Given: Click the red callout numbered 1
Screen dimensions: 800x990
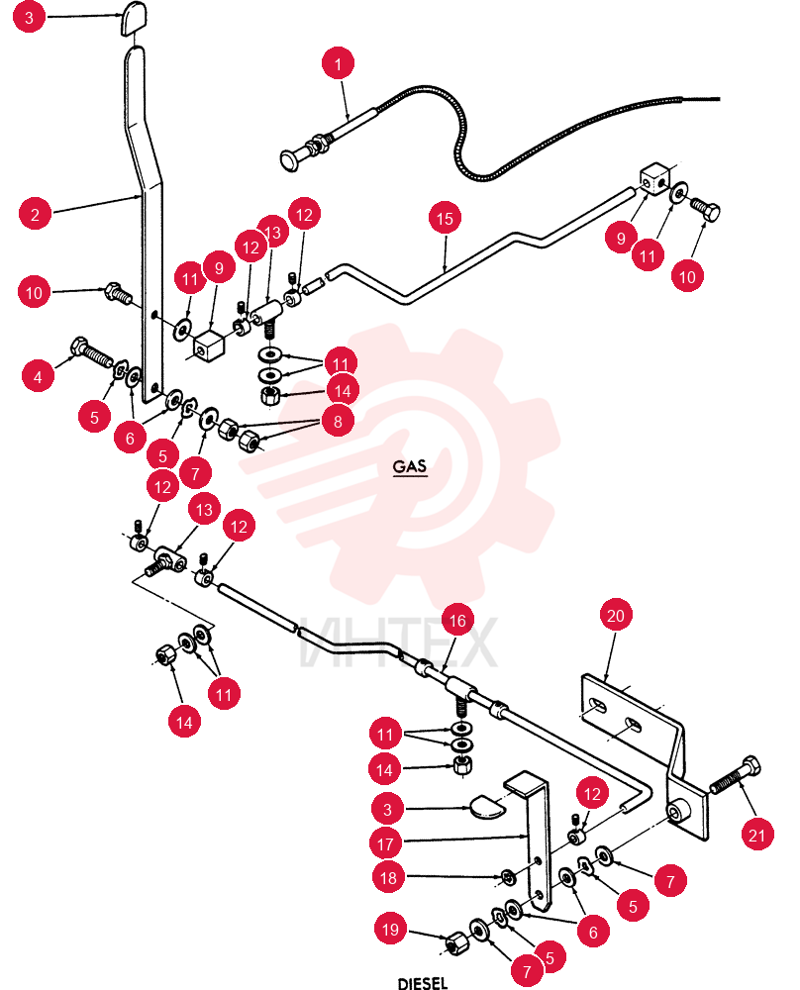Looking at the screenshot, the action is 338,63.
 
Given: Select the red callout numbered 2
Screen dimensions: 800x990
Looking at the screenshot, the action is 36,214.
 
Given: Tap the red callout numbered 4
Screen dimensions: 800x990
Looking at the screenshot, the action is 38,376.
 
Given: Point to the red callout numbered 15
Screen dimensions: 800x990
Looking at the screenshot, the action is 445,219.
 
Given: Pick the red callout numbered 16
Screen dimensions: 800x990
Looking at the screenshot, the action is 457,622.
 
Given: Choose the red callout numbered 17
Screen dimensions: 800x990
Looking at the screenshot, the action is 386,843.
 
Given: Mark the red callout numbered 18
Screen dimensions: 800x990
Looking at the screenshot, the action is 388,877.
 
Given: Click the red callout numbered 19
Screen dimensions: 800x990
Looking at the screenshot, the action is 391,929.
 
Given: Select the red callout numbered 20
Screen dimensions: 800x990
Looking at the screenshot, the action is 615,615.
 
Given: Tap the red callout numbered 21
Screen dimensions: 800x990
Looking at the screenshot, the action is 756,835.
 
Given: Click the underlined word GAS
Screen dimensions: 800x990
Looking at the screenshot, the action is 410,466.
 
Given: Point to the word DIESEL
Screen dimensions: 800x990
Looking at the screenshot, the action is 423,982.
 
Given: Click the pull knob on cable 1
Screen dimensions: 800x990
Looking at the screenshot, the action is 290,158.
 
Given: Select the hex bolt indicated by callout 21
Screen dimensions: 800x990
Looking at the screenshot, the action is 735,775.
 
